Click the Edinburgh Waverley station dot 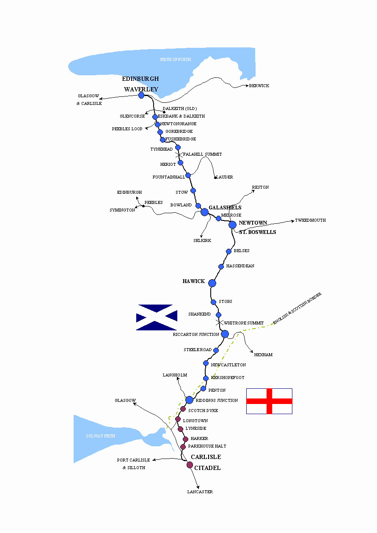(141, 96)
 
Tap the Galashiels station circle (205, 212)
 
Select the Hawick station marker (212, 283)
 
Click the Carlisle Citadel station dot (190, 465)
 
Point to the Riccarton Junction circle (225, 334)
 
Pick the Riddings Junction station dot (189, 400)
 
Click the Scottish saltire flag (157, 317)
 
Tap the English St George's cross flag (269, 401)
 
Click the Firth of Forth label (175, 60)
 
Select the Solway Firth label (100, 436)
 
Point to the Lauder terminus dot (215, 177)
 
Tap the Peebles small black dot (143, 206)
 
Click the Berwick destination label (259, 86)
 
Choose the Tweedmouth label (310, 220)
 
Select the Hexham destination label (263, 355)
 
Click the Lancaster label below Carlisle (200, 492)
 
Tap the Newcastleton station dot (206, 363)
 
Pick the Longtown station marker (178, 419)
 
